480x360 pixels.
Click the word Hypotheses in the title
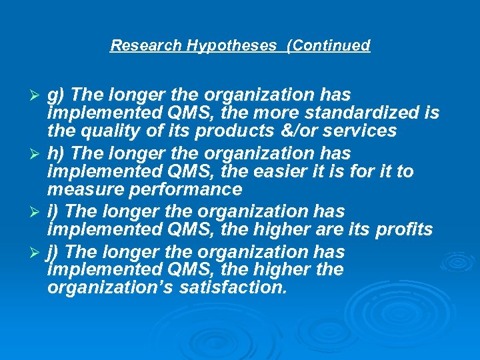coord(231,45)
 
